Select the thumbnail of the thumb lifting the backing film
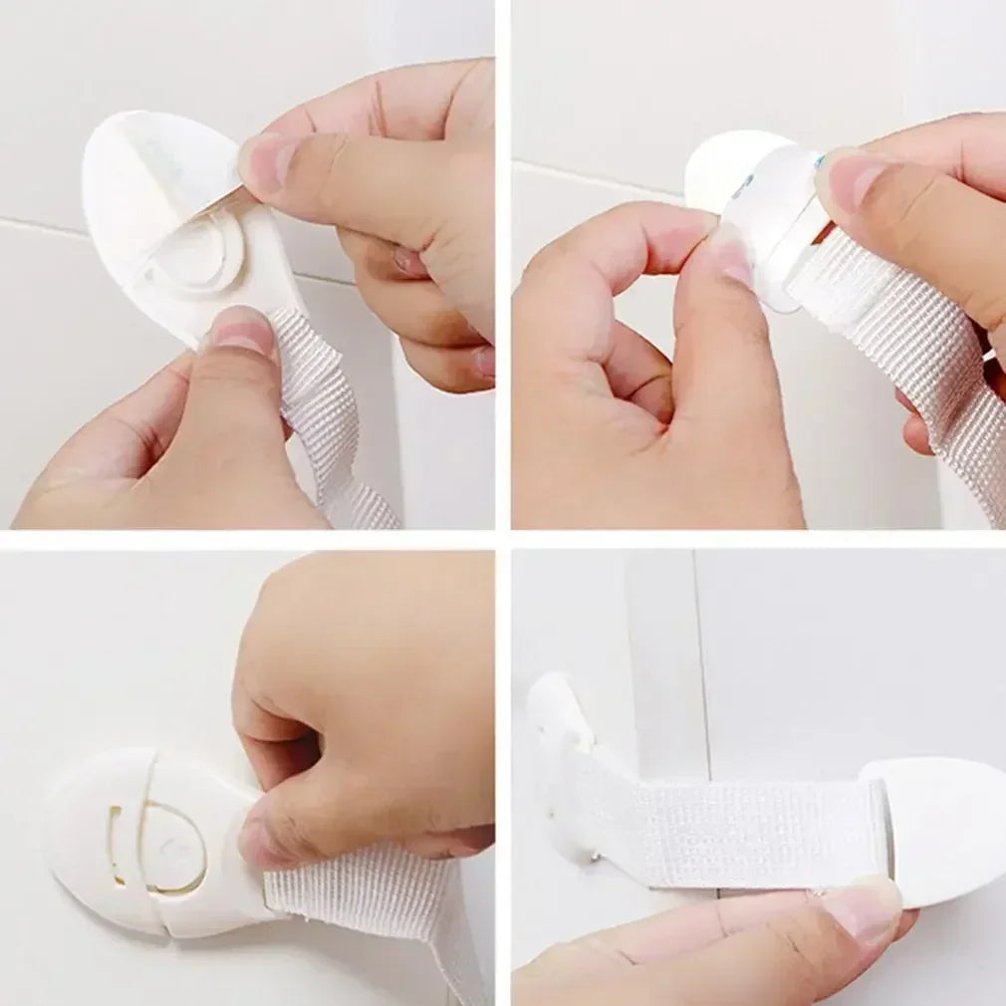[267, 160]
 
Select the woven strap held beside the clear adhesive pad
[896, 329]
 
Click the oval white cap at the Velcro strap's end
[946, 827]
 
